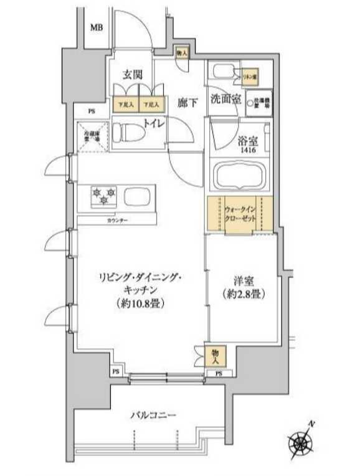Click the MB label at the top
point(97,28)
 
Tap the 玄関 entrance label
point(133,75)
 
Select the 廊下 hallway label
point(187,103)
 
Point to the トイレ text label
point(154,123)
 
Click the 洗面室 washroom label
point(224,99)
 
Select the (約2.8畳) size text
point(244,295)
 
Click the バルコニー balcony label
point(154,415)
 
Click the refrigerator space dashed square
point(92,136)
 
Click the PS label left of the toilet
point(91,112)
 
